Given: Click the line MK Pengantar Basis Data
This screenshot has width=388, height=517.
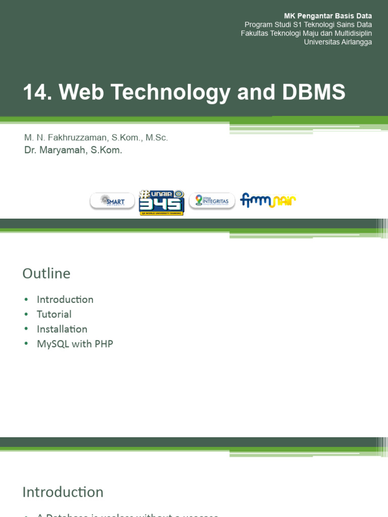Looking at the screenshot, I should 328,16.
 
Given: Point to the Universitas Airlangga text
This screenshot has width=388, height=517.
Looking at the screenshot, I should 337,42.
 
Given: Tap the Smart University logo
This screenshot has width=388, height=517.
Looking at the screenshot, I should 112,201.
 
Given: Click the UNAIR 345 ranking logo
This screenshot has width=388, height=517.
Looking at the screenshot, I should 162,202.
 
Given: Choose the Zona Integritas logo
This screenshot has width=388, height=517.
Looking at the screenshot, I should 212,200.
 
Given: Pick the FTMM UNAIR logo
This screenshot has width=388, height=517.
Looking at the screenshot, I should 268,200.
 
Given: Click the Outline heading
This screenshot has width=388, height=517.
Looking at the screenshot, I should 46,274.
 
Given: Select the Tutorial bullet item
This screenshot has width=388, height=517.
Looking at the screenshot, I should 54,314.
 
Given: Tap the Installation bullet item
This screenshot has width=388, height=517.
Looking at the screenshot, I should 62,329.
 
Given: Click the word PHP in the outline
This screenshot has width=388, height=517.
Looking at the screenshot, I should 104,344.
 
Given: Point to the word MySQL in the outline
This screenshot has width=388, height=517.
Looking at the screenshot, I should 53,344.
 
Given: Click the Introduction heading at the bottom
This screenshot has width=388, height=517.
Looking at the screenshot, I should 63,492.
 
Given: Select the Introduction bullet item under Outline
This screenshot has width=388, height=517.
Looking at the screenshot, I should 65,299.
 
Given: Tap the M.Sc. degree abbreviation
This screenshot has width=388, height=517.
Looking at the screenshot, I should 157,137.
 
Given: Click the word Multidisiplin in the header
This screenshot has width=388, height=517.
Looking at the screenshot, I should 350,33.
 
